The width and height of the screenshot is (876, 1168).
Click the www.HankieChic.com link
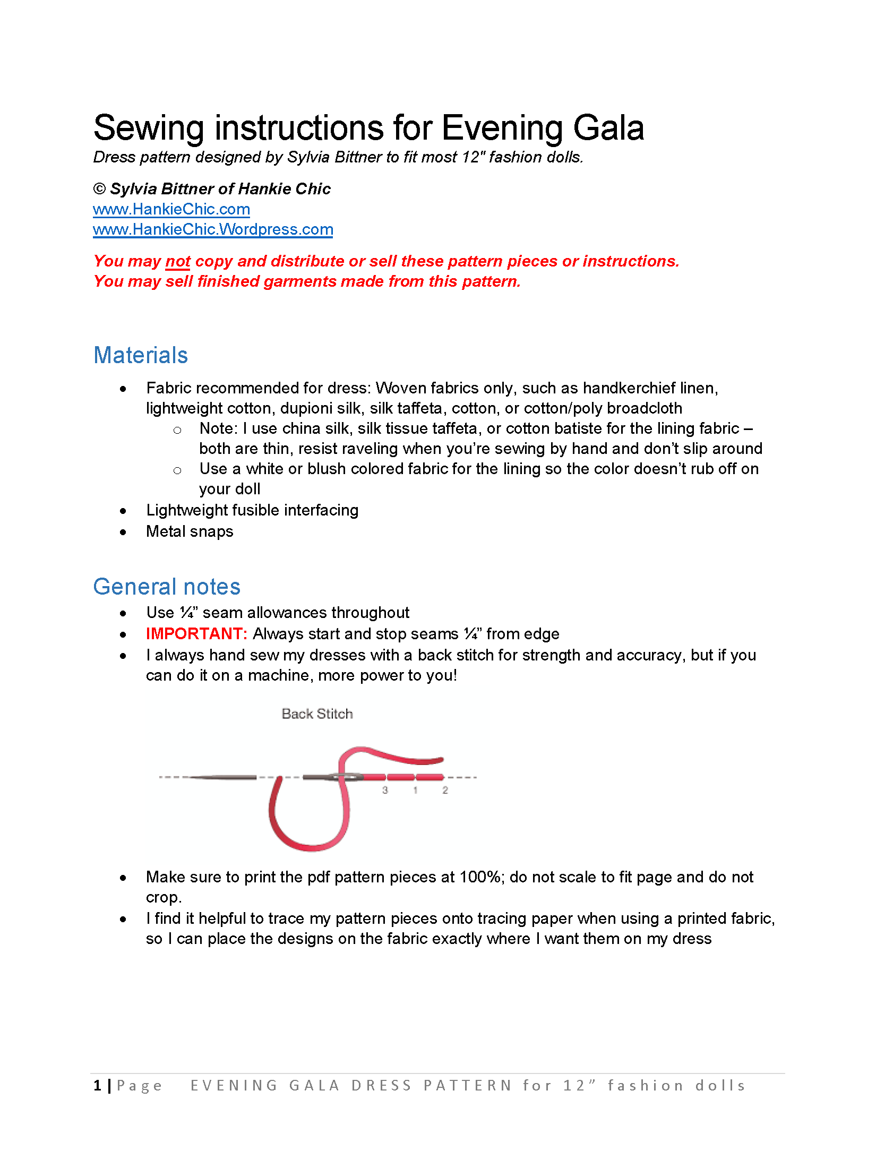pyautogui.click(x=171, y=209)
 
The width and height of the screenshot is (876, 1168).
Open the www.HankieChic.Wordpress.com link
pyautogui.click(x=213, y=229)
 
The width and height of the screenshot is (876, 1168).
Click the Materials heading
pyautogui.click(x=141, y=355)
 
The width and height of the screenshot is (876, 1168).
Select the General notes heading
pyautogui.click(x=167, y=587)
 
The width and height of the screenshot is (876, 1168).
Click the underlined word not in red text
pyautogui.click(x=178, y=261)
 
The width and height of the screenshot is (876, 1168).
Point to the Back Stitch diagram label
pyautogui.click(x=317, y=714)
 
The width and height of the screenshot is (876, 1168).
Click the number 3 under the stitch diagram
pyautogui.click(x=385, y=791)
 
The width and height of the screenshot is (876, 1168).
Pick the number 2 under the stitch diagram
pyautogui.click(x=445, y=791)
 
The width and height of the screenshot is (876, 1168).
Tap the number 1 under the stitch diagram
pyautogui.click(x=415, y=791)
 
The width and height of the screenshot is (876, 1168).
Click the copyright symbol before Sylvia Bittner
pyautogui.click(x=99, y=189)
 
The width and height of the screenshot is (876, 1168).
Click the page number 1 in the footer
pyautogui.click(x=98, y=1086)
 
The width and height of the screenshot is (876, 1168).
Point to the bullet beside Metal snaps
pyautogui.click(x=123, y=532)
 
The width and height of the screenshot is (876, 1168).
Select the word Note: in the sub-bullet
pyautogui.click(x=218, y=428)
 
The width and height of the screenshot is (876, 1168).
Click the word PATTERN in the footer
pyautogui.click(x=467, y=1086)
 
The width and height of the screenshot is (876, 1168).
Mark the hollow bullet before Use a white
pyautogui.click(x=177, y=470)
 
